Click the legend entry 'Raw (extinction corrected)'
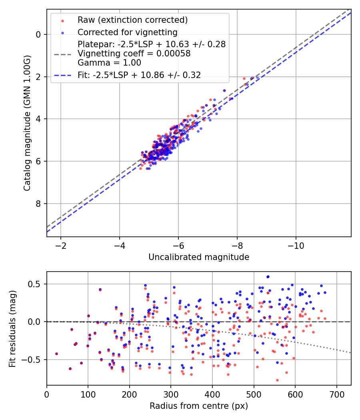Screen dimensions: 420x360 coord(132,20)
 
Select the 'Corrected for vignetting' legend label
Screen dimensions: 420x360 coord(128,32)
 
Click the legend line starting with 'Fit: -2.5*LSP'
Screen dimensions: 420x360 coord(139,75)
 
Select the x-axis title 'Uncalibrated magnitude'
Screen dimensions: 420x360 coord(199,257)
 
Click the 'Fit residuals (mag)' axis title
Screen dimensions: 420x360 coord(12,329)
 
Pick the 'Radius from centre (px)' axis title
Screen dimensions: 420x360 coord(199,406)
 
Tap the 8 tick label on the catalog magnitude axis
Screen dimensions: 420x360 coord(38,204)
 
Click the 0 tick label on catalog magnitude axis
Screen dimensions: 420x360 coord(38,34)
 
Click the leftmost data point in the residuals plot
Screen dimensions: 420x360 coord(56,354)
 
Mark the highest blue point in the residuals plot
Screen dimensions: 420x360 coord(268,276)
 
